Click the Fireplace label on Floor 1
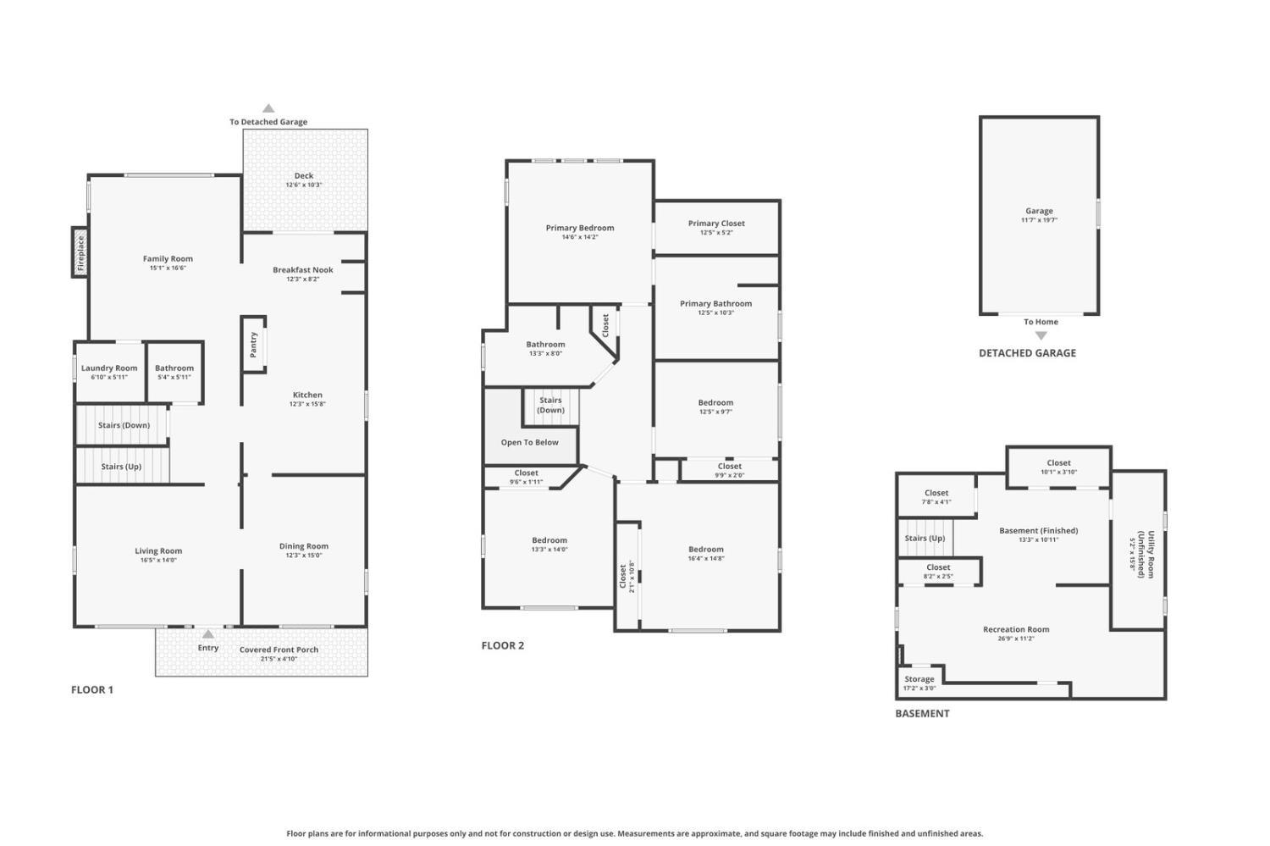(x=81, y=252)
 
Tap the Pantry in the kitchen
(x=253, y=344)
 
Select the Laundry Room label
(x=109, y=368)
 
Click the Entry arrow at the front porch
(x=208, y=633)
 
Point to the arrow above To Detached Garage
(x=268, y=108)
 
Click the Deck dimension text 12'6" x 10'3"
(x=304, y=185)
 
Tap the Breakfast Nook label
(x=303, y=270)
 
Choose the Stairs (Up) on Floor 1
(x=121, y=467)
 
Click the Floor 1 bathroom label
(x=174, y=368)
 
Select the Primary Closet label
(x=716, y=224)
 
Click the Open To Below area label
(x=530, y=442)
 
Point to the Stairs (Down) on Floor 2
(x=550, y=405)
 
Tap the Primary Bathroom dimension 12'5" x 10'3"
(x=716, y=312)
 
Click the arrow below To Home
(x=1041, y=335)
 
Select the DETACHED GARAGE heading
(x=1027, y=353)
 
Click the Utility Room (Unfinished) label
(x=1137, y=556)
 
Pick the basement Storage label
(x=919, y=679)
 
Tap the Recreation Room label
(x=1016, y=629)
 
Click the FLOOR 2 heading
(x=503, y=645)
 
